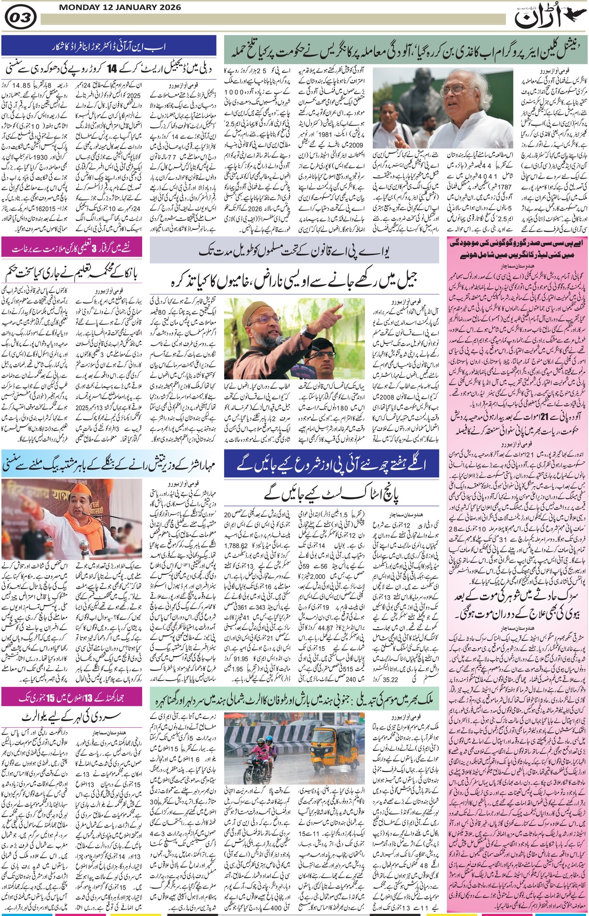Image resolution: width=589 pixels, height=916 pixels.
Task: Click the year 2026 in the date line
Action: [168, 7]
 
